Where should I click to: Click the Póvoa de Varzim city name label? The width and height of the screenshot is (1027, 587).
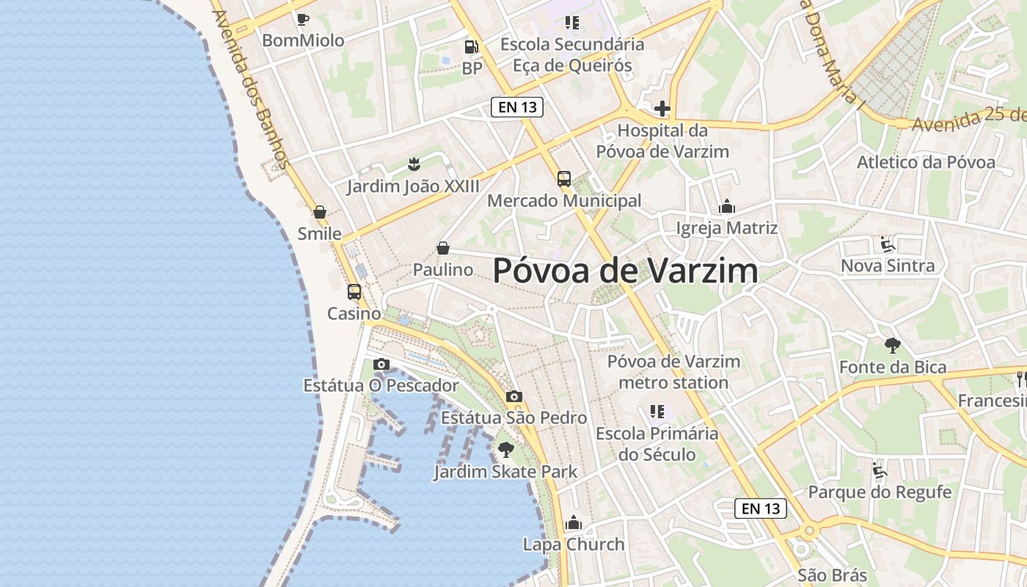tap(625, 271)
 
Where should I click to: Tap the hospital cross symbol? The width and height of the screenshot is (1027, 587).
tap(662, 109)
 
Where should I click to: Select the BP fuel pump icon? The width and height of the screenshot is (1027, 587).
tap(471, 47)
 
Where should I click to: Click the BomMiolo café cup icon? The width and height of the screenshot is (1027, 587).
tap(302, 19)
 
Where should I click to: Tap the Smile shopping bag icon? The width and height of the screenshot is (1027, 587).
tap(320, 212)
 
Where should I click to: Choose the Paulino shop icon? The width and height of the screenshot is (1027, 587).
tap(443, 248)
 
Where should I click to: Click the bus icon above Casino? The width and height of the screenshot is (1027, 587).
tap(354, 291)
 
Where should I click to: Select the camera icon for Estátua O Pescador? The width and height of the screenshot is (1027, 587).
tap(381, 364)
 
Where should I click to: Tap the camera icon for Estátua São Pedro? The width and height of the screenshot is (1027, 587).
tap(514, 396)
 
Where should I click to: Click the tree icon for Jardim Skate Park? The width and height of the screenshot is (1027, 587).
tap(505, 449)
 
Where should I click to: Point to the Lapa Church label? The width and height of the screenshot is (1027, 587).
tap(574, 544)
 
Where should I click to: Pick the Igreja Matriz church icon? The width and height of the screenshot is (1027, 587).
tap(727, 206)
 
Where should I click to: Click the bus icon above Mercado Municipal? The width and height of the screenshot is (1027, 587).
tap(564, 178)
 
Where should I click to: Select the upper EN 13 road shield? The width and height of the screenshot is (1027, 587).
tap(517, 107)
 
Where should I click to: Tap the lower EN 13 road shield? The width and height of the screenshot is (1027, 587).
tap(761, 508)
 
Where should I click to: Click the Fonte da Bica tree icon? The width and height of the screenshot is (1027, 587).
tap(893, 345)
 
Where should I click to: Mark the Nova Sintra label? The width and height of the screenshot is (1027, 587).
tap(888, 266)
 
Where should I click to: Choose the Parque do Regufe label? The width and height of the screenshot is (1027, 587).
tap(880, 492)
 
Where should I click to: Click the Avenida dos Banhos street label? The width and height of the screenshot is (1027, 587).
tap(249, 88)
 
